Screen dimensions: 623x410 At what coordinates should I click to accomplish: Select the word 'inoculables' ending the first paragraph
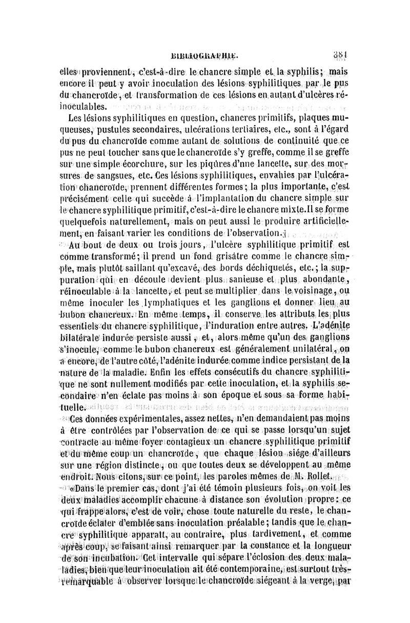(x=86, y=107)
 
